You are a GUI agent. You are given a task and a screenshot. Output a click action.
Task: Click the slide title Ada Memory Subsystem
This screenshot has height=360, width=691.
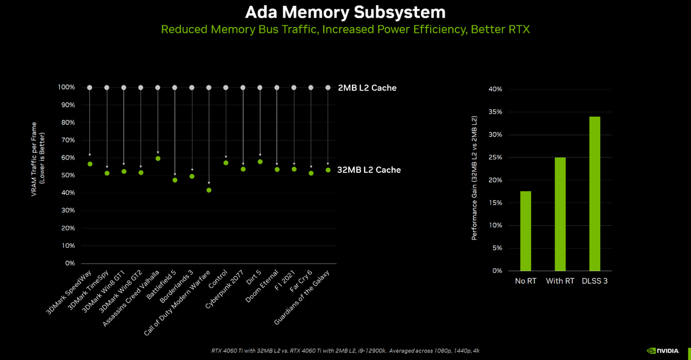[345, 12]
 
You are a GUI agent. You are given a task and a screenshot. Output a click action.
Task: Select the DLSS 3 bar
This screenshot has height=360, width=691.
[595, 194]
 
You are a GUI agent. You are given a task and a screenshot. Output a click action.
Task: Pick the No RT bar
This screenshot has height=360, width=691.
[525, 230]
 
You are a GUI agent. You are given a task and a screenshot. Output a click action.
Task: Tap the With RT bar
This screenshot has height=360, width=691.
[560, 214]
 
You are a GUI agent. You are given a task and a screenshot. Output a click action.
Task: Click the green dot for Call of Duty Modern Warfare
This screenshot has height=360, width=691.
[209, 190]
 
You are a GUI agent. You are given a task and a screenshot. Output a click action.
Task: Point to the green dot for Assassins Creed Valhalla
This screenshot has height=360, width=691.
[158, 158]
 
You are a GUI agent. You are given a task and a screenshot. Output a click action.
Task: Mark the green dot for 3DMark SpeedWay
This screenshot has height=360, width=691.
[90, 164]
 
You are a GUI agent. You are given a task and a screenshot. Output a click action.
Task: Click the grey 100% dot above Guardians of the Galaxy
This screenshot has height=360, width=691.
[328, 88]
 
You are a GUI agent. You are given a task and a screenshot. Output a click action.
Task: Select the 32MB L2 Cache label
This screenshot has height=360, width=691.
[370, 170]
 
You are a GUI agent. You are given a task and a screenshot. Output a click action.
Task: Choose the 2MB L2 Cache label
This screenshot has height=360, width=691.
[367, 88]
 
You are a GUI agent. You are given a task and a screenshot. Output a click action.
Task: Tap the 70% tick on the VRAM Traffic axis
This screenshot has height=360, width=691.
[67, 140]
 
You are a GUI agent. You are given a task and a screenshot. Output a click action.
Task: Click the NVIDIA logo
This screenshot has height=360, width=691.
[665, 350]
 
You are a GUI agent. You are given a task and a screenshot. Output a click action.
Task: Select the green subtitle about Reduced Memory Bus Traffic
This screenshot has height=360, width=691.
[345, 29]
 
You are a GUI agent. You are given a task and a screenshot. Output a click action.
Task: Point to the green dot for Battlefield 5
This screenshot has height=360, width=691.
[175, 180]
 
